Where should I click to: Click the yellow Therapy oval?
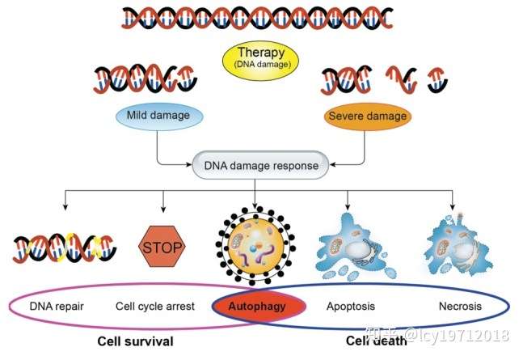[260, 61]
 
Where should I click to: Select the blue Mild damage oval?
[159, 116]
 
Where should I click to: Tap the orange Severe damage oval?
[368, 116]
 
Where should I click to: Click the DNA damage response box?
[260, 165]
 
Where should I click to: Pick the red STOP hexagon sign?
[162, 247]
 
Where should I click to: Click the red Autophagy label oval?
[259, 307]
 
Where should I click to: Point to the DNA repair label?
[57, 307]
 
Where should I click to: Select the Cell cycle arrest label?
[154, 307]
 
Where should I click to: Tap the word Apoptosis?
[351, 307]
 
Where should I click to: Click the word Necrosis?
[460, 307]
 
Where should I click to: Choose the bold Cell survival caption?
[136, 341]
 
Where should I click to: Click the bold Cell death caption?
[376, 341]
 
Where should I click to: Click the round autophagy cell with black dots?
[255, 247]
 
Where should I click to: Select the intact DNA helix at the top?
[257, 18]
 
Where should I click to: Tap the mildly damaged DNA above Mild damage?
[146, 78]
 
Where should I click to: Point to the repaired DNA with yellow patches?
[65, 248]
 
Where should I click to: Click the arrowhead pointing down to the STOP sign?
[163, 209]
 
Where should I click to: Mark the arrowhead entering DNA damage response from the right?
[332, 165]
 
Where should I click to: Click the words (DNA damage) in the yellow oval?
[262, 65]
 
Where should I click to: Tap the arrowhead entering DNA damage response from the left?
[189, 165]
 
